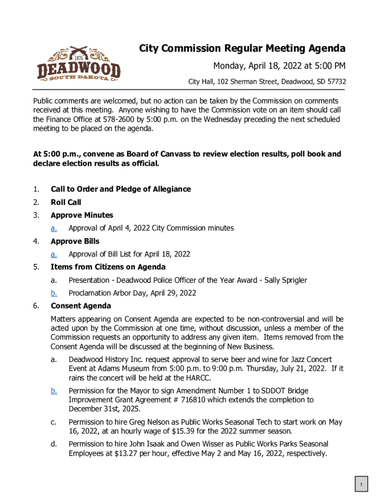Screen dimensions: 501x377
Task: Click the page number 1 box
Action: pyautogui.click(x=361, y=485)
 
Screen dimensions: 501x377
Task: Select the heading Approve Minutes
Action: pyautogui.click(x=82, y=215)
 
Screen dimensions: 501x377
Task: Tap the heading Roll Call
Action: pyautogui.click(x=66, y=202)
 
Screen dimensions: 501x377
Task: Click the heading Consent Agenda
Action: pyautogui.click(x=81, y=306)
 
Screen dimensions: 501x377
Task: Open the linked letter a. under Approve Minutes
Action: pyautogui.click(x=54, y=228)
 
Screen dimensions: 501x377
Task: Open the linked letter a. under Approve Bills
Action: pyautogui.click(x=54, y=254)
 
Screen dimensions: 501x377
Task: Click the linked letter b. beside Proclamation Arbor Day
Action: pyautogui.click(x=54, y=293)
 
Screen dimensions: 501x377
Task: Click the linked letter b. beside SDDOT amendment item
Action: pyautogui.click(x=54, y=391)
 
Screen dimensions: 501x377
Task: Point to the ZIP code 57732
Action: pyautogui.click(x=336, y=82)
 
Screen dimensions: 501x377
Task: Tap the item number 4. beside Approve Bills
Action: pyautogui.click(x=36, y=241)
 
